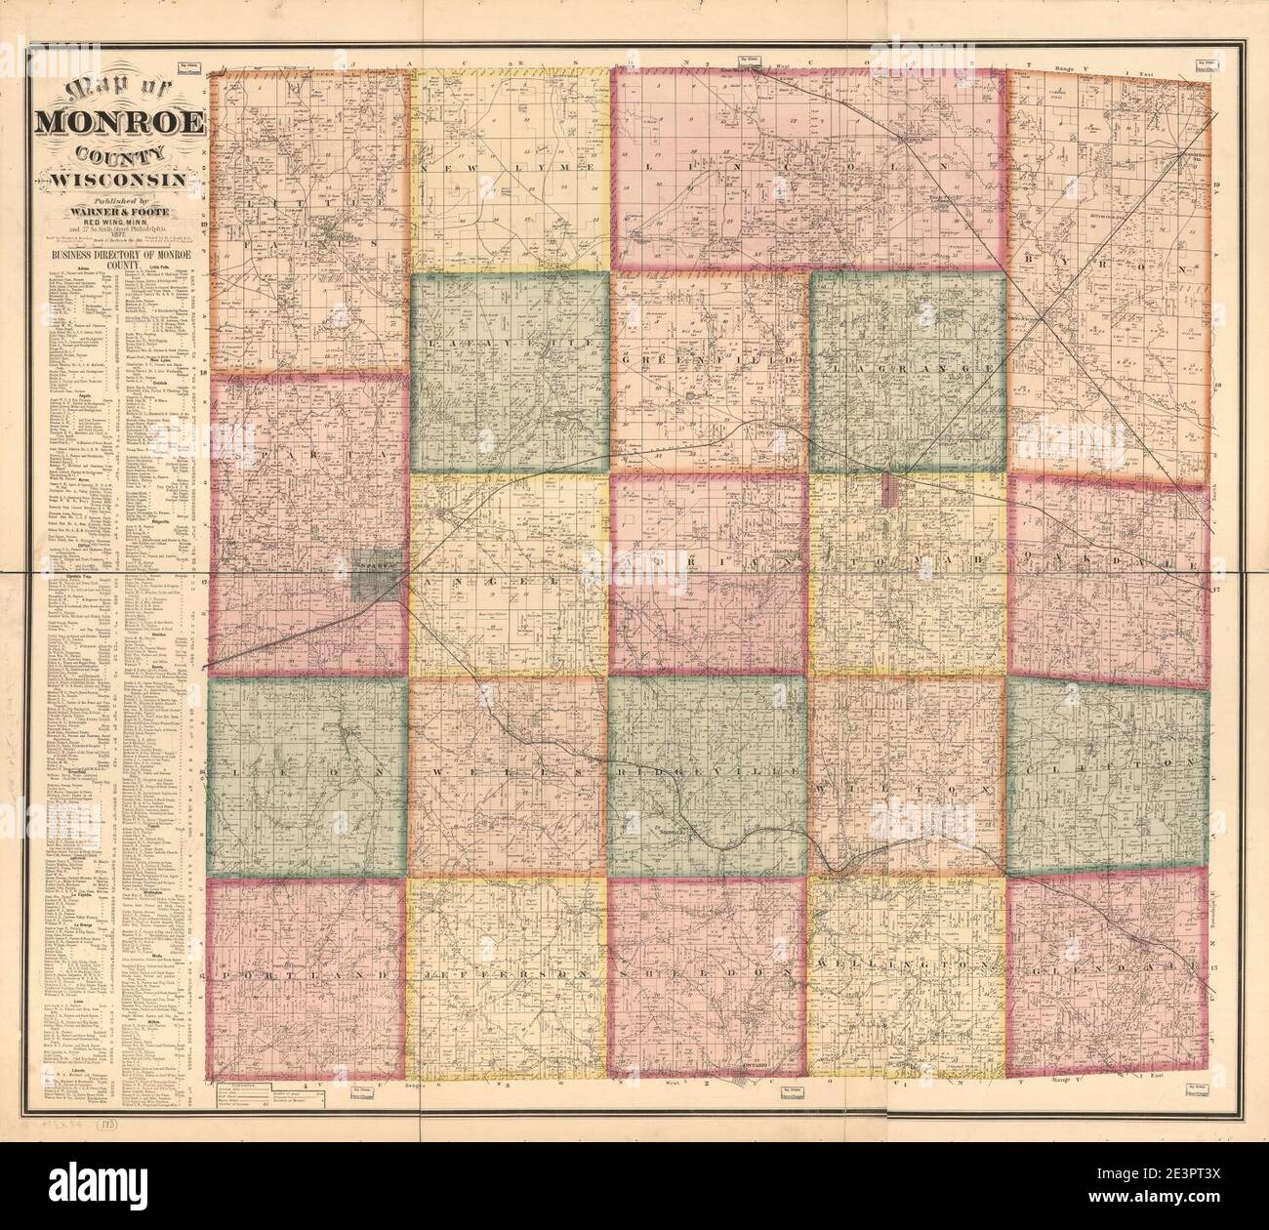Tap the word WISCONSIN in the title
tap(120, 180)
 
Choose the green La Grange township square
tap(908, 371)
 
